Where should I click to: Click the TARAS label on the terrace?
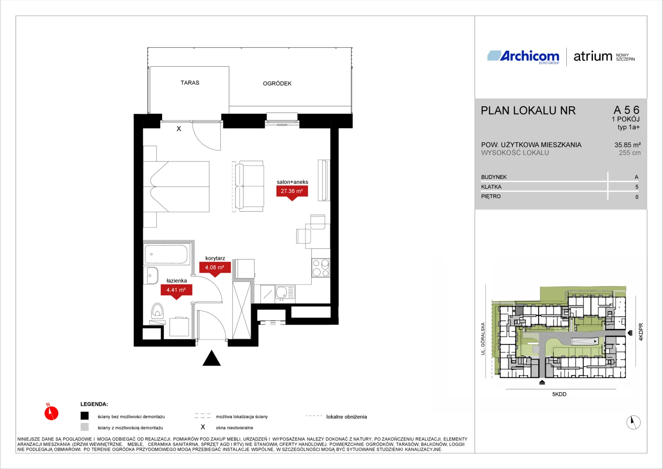(x=190, y=83)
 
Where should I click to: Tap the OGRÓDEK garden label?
(x=277, y=83)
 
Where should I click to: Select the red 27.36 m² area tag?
(x=292, y=192)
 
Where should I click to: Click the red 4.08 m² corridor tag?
(x=215, y=269)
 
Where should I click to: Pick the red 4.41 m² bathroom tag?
(x=176, y=291)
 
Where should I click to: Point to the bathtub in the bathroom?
(x=167, y=254)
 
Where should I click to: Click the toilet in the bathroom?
(x=158, y=310)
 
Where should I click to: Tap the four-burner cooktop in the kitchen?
(x=321, y=268)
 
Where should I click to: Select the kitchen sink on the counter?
(x=285, y=293)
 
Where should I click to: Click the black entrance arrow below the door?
(x=211, y=358)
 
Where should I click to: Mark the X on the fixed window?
(x=179, y=129)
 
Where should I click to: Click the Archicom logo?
(x=523, y=56)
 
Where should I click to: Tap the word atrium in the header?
(x=593, y=56)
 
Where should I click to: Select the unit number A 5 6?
(x=626, y=110)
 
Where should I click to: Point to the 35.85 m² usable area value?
(x=627, y=145)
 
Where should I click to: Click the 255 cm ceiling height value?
(x=630, y=153)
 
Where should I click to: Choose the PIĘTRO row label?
(x=491, y=196)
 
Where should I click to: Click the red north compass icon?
(x=51, y=413)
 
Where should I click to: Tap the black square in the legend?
(x=85, y=416)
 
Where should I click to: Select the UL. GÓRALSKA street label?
(x=483, y=339)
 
